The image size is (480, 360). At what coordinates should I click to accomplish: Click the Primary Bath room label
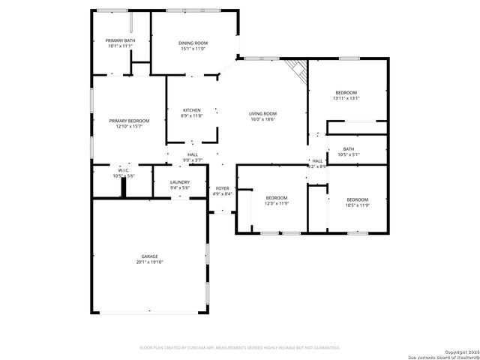tap(119, 40)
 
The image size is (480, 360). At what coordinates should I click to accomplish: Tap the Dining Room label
tap(193, 43)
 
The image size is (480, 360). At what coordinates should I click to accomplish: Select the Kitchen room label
tap(191, 110)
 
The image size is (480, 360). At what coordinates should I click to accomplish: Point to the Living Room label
tap(262, 113)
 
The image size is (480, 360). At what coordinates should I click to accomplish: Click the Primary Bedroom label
tap(128, 121)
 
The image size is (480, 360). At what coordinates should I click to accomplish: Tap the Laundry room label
tap(179, 182)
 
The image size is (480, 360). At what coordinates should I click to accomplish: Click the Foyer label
tap(222, 188)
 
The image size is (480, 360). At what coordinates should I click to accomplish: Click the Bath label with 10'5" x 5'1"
tap(349, 149)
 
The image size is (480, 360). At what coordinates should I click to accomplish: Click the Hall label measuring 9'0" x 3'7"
tap(193, 154)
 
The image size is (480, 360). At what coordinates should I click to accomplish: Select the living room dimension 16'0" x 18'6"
tap(262, 119)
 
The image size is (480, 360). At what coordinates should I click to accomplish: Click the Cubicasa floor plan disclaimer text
tap(240, 347)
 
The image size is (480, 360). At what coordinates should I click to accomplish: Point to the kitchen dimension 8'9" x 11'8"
tap(191, 116)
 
